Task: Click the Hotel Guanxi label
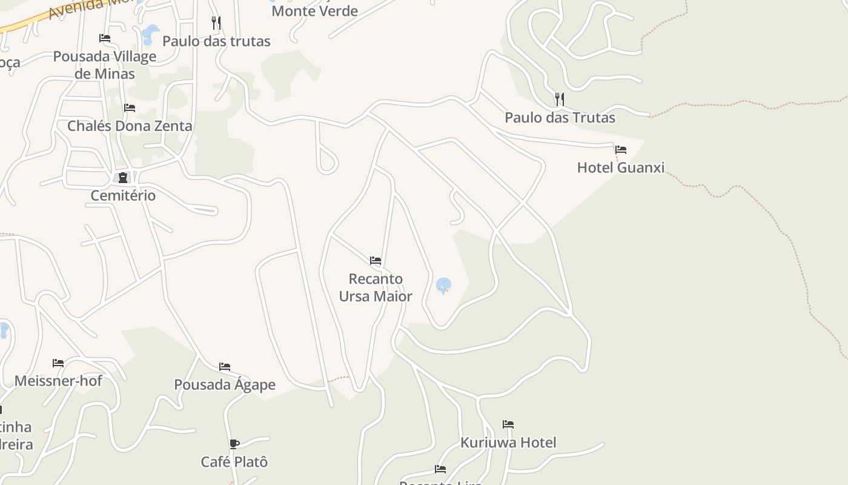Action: point(620,167)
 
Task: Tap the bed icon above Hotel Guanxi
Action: point(620,150)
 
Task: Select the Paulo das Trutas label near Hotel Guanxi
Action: point(560,118)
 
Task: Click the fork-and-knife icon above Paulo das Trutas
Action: point(560,99)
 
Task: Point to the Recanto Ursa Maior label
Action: point(376,287)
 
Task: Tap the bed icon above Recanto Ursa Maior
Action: point(376,261)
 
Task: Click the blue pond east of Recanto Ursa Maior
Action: point(443,284)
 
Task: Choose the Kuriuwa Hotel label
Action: point(508,443)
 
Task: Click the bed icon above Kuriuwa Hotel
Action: point(508,424)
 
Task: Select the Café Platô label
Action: point(234,462)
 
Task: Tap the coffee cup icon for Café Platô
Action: point(234,444)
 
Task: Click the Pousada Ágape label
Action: point(224,385)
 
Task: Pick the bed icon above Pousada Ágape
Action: point(224,367)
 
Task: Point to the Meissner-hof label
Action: point(58,381)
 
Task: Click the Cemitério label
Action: point(123,196)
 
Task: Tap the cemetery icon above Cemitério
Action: point(123,178)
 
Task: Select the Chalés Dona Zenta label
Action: point(130,126)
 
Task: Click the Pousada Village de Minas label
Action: point(105,65)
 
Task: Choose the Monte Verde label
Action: point(314,11)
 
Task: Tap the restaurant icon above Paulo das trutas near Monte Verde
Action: point(216,23)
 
